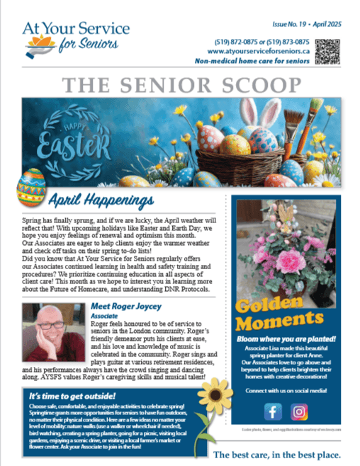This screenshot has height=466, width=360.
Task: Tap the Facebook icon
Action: (x=274, y=411)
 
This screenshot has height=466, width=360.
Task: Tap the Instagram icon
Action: (x=300, y=411)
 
